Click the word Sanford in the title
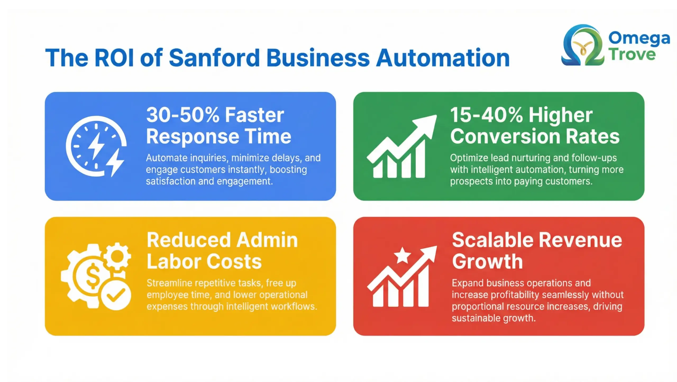click(x=214, y=58)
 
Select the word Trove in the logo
click(x=632, y=54)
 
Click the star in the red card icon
click(x=402, y=255)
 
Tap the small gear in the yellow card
click(x=117, y=256)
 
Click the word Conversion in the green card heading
click(x=505, y=136)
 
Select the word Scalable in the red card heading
click(x=492, y=240)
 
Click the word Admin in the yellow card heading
click(x=267, y=240)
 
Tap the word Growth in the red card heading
click(x=487, y=261)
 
